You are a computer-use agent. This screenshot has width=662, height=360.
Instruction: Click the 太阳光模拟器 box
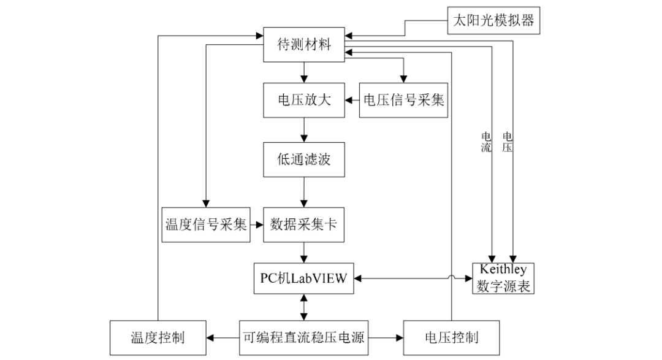[x=493, y=20]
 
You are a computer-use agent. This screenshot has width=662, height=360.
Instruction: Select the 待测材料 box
[x=305, y=45]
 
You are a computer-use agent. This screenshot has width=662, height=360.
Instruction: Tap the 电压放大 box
[x=305, y=100]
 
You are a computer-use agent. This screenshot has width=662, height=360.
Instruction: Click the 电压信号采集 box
[x=404, y=100]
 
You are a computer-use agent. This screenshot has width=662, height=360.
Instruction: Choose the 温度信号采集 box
[x=205, y=224]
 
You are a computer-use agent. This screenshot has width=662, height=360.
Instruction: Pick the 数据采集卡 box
[x=305, y=224]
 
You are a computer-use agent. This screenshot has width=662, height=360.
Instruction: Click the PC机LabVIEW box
[x=305, y=278]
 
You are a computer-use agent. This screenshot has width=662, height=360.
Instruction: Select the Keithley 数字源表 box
[x=503, y=278]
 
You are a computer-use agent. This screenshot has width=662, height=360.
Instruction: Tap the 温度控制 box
[x=158, y=337]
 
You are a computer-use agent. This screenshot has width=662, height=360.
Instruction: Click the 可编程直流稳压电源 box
[x=305, y=337]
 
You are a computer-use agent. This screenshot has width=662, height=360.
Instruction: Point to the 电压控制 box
[x=452, y=337]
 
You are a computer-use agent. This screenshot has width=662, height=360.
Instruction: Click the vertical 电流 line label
[x=486, y=142]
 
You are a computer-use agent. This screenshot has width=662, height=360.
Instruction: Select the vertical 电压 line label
[x=508, y=142]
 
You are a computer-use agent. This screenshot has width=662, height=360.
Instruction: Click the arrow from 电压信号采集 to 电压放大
[x=352, y=100]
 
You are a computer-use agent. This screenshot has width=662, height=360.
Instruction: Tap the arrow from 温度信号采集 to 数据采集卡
[x=256, y=224]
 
